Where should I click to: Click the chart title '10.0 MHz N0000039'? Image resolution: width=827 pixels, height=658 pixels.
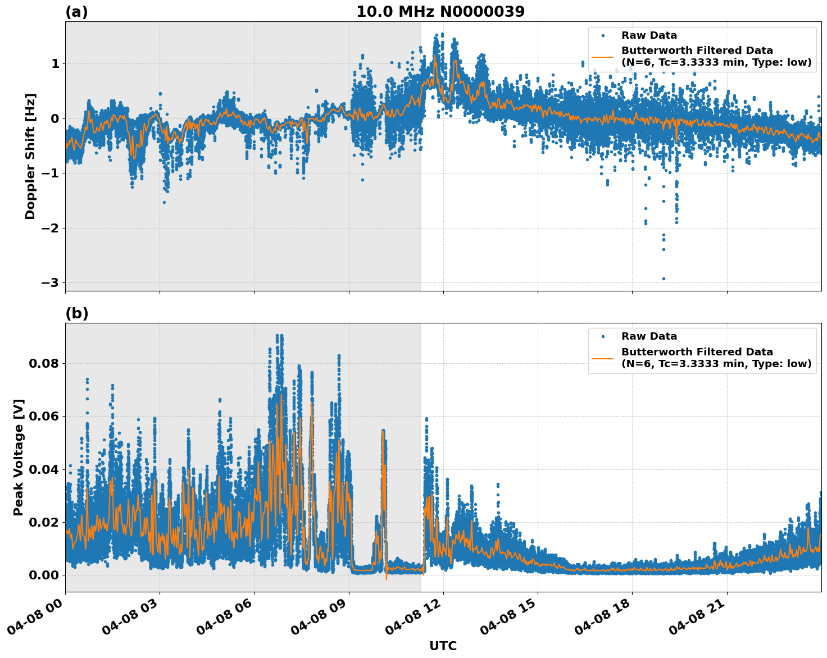[440, 12]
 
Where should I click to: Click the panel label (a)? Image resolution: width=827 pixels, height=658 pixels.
[76, 12]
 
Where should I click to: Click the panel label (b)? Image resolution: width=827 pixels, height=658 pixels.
[76, 313]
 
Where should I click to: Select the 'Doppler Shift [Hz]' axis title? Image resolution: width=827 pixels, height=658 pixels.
[30, 156]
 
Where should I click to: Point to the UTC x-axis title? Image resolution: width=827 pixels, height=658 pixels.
[443, 646]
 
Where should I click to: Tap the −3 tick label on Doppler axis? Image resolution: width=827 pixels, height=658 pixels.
[49, 282]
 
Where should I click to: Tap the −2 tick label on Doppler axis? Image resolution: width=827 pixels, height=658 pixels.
[49, 228]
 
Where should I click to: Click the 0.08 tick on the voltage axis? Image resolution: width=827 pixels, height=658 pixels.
[44, 363]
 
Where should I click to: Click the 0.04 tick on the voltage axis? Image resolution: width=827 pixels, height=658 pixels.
[44, 469]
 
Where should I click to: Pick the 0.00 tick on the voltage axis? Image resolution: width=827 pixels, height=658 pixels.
[44, 575]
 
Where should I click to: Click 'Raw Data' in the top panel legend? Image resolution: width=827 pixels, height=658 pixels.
[649, 35]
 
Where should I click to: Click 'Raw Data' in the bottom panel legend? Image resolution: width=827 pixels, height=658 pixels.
[649, 336]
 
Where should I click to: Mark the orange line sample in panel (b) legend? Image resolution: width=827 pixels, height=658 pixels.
[603, 358]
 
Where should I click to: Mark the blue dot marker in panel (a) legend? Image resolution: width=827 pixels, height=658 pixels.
[603, 35]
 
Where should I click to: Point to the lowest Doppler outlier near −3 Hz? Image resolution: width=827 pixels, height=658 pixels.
[664, 278]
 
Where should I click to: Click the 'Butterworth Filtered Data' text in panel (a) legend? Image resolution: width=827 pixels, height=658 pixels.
[697, 51]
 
